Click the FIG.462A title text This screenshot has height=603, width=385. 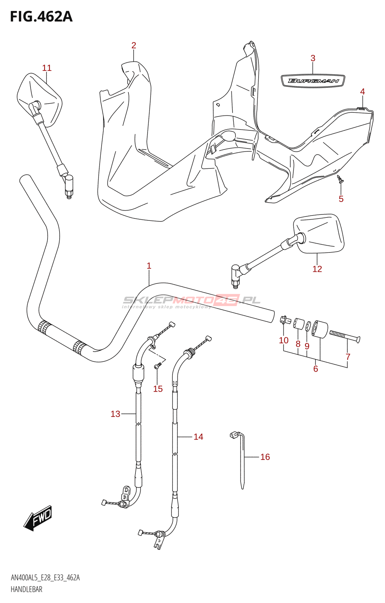click(x=41, y=17)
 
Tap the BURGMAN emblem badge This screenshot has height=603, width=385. click(x=313, y=81)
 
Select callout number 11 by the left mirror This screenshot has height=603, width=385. click(x=47, y=68)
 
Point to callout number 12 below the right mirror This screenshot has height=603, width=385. click(x=317, y=269)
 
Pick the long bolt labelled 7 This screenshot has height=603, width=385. click(x=345, y=335)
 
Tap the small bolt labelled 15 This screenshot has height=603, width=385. click(x=158, y=365)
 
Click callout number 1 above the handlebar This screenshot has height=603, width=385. click(x=149, y=266)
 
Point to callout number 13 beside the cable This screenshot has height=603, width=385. click(x=115, y=414)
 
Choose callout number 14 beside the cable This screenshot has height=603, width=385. click(x=198, y=437)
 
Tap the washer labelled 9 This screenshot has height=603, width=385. click(x=308, y=326)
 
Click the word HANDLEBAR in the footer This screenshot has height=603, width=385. click(x=26, y=589)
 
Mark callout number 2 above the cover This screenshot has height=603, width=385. click(x=134, y=45)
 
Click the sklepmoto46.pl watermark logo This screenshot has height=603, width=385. click(x=192, y=301)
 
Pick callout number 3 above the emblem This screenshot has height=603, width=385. click(x=313, y=58)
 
